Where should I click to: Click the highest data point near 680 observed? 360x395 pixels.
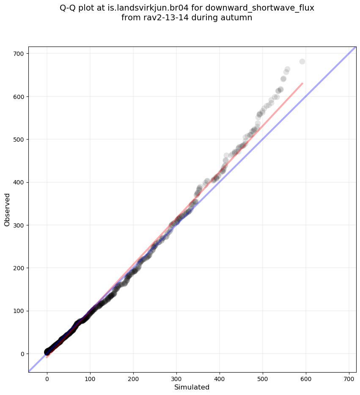(x=302, y=61)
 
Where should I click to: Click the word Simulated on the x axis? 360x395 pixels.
(x=192, y=387)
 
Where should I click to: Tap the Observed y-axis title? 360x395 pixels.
(x=7, y=210)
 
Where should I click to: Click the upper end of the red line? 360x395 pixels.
(x=302, y=84)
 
